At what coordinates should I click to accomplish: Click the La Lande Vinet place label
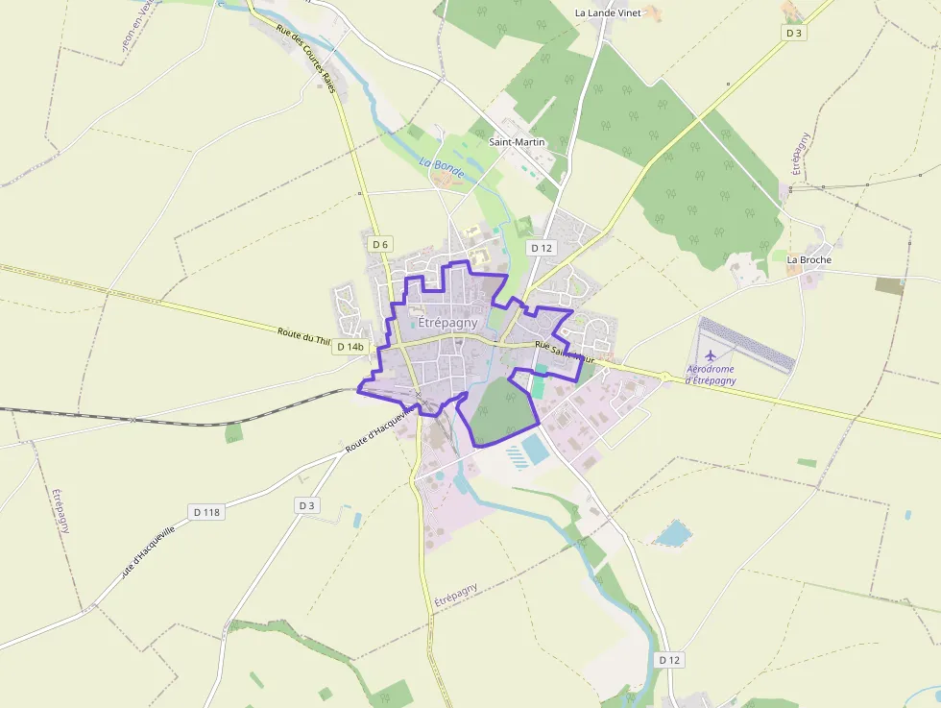click(607, 12)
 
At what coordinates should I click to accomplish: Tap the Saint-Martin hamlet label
click(517, 142)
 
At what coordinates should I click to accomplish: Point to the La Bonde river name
click(442, 168)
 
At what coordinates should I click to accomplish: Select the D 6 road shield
click(380, 244)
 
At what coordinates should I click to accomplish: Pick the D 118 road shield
click(205, 512)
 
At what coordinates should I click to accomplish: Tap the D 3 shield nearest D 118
click(306, 505)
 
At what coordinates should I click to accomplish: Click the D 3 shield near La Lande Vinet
click(793, 33)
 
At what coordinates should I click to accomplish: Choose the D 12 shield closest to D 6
click(542, 248)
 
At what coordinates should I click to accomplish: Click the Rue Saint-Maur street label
click(565, 352)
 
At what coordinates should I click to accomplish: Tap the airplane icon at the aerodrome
click(711, 356)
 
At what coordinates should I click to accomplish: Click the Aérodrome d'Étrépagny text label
click(712, 375)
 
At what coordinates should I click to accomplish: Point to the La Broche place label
click(808, 259)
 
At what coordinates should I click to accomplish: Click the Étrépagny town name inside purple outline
click(447, 323)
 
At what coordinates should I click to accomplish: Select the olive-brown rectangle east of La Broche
click(889, 285)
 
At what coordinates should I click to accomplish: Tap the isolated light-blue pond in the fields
click(673, 533)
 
